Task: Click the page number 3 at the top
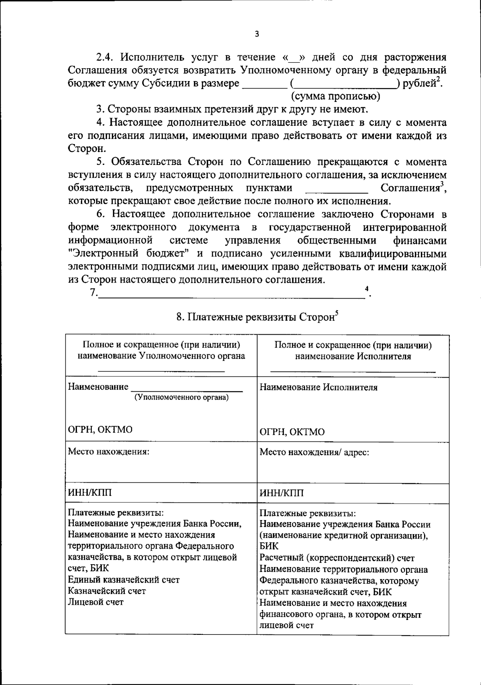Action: (x=257, y=35)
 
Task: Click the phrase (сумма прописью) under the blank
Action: (x=335, y=96)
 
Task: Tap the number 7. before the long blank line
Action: (x=93, y=293)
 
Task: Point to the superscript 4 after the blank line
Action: (x=366, y=289)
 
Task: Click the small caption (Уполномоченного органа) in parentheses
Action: (x=182, y=397)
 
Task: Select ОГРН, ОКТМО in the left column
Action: (x=100, y=429)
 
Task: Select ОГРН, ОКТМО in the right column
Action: (x=292, y=432)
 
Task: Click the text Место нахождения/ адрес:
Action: (x=314, y=452)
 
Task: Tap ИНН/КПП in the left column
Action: (x=90, y=493)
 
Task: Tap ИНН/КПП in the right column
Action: (x=282, y=493)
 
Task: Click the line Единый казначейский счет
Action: (x=124, y=579)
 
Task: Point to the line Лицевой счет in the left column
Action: (x=96, y=602)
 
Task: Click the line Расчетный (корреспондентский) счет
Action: (x=337, y=558)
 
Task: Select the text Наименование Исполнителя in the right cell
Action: (x=319, y=387)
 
